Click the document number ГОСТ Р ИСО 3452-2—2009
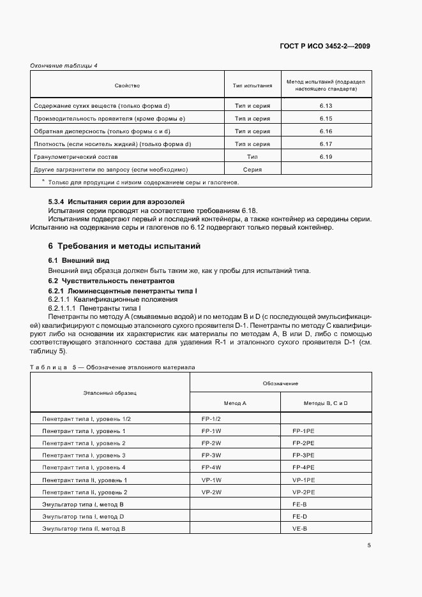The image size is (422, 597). click(x=324, y=46)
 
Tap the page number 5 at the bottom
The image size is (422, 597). click(x=369, y=545)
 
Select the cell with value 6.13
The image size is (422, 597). click(x=326, y=106)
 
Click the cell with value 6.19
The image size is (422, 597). click(x=326, y=156)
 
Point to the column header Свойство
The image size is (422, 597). click(x=127, y=85)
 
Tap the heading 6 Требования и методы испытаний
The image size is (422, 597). click(x=124, y=246)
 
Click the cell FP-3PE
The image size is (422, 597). click(x=303, y=455)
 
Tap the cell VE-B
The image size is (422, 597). click(x=300, y=529)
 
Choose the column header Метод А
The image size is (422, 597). click(x=235, y=403)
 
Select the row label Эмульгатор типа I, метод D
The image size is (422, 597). click(x=83, y=517)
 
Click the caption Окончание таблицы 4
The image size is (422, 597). click(x=64, y=65)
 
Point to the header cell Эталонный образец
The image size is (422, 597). click(x=110, y=393)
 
